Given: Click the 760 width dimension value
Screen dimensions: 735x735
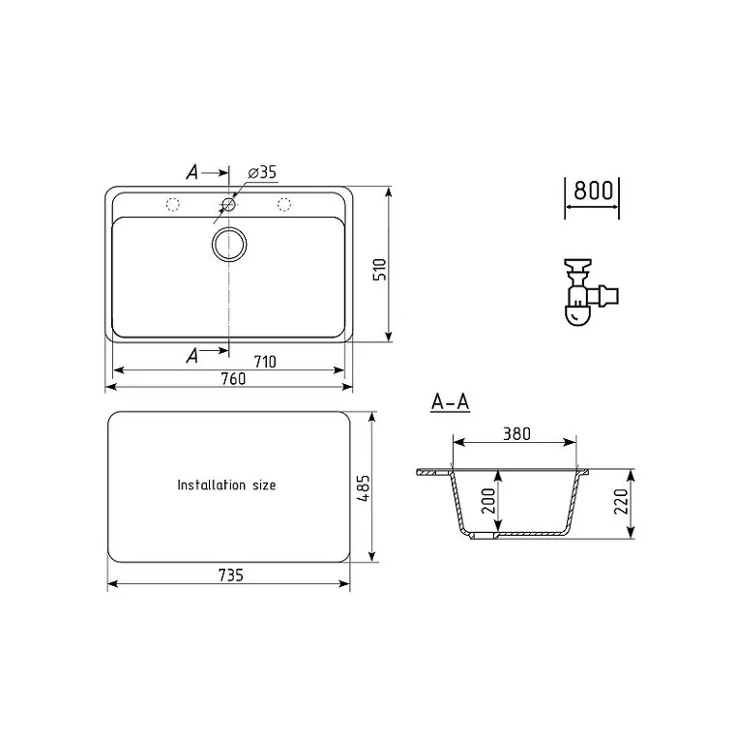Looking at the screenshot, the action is [x=233, y=379].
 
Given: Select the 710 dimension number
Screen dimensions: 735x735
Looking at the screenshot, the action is [x=265, y=362].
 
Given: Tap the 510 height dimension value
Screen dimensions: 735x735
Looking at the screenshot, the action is [x=380, y=270].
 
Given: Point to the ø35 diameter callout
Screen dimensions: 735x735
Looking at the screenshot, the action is [x=262, y=172].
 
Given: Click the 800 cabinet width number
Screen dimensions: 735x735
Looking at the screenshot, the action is [x=594, y=191].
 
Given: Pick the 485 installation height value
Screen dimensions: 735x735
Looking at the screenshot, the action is [x=364, y=488].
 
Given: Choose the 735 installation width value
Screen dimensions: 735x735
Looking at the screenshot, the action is [x=231, y=575].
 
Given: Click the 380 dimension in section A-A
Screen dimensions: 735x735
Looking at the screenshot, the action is [x=517, y=434].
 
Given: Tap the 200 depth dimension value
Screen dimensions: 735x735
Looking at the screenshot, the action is [x=488, y=501].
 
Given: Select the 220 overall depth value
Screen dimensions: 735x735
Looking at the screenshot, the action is [x=621, y=501].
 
